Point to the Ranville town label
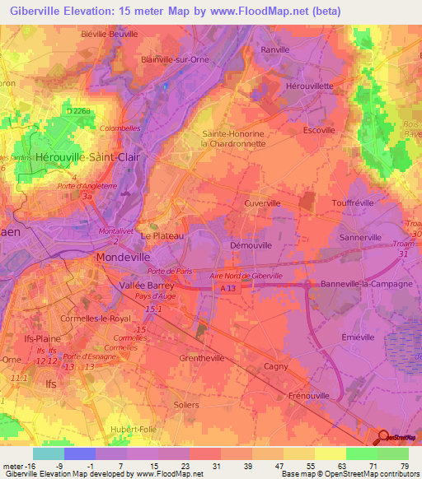click(x=274, y=49)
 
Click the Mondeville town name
click(x=120, y=257)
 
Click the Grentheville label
click(x=202, y=359)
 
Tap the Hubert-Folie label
click(x=134, y=430)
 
